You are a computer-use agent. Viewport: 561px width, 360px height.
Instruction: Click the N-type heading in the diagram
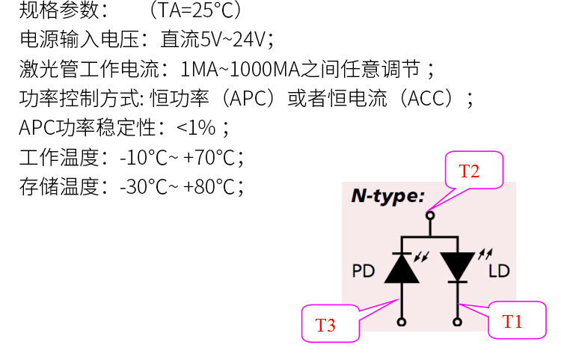[387, 197]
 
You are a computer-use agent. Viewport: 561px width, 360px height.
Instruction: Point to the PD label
[363, 270]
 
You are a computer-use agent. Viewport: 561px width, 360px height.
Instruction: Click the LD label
[499, 270]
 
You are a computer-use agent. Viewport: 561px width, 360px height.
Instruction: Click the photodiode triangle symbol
[402, 267]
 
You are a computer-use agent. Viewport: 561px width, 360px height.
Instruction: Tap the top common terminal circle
[429, 216]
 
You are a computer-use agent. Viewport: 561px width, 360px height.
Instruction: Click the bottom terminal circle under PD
[402, 322]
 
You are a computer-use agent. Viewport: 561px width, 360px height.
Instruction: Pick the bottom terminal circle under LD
[457, 322]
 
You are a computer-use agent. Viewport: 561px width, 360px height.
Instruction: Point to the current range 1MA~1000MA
[240, 70]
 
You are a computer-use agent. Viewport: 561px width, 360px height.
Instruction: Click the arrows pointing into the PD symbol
[422, 256]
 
